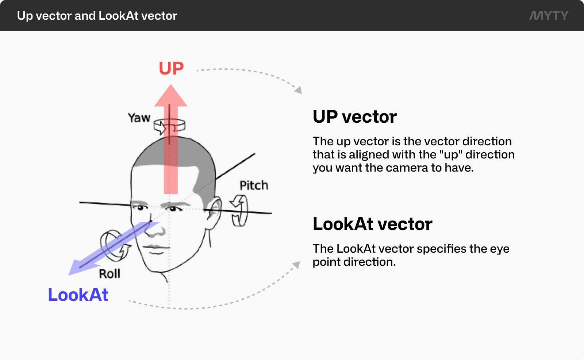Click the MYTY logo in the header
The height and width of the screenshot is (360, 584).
click(x=549, y=15)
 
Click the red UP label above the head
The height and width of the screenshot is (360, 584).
click(x=171, y=68)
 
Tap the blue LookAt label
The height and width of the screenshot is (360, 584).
click(x=78, y=295)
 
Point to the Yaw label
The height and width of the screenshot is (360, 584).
click(x=139, y=118)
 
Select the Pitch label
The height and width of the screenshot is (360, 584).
click(x=254, y=185)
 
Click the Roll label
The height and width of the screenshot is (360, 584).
click(x=109, y=274)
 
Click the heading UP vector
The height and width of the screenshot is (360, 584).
click(x=354, y=117)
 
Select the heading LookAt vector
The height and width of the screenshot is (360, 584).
click(x=372, y=224)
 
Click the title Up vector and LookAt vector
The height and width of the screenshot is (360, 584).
click(x=97, y=16)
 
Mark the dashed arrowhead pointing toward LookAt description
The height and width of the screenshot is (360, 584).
click(x=297, y=264)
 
